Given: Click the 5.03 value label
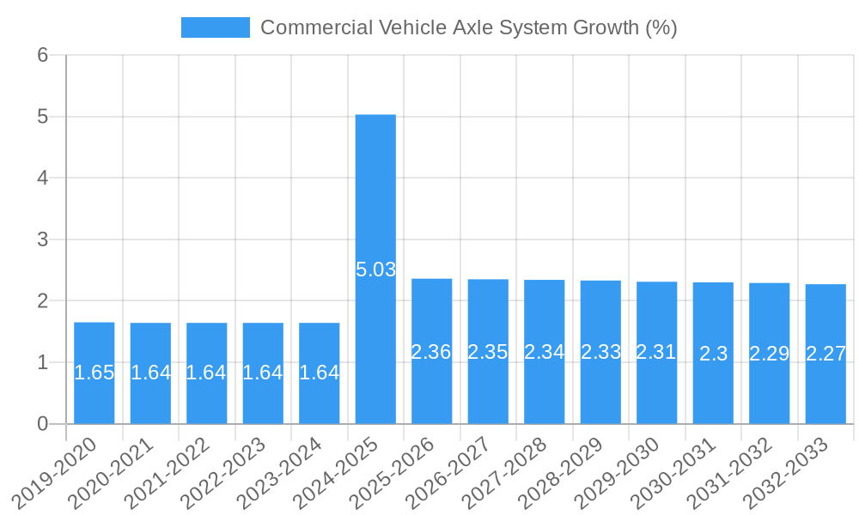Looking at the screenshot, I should point(375,270).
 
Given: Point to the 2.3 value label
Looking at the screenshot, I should point(713,354).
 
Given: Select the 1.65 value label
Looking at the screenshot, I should point(94,373).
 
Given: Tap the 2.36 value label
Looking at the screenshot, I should point(431,352).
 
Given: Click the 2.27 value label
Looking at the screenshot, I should point(825,354).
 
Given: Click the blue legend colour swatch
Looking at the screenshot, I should point(215,27).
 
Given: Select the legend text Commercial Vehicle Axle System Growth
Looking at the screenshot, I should point(469,27).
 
